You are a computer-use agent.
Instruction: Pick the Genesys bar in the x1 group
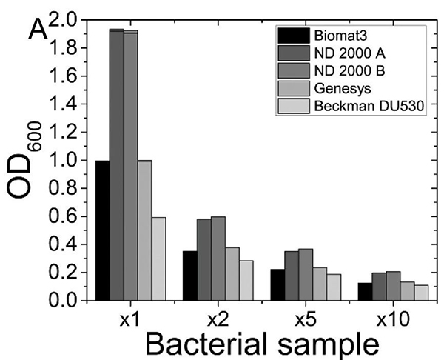(x=144, y=230)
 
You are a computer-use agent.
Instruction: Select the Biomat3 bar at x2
(x=190, y=276)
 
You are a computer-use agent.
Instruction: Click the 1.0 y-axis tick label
(x=68, y=160)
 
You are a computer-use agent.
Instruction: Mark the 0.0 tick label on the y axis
(x=68, y=300)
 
